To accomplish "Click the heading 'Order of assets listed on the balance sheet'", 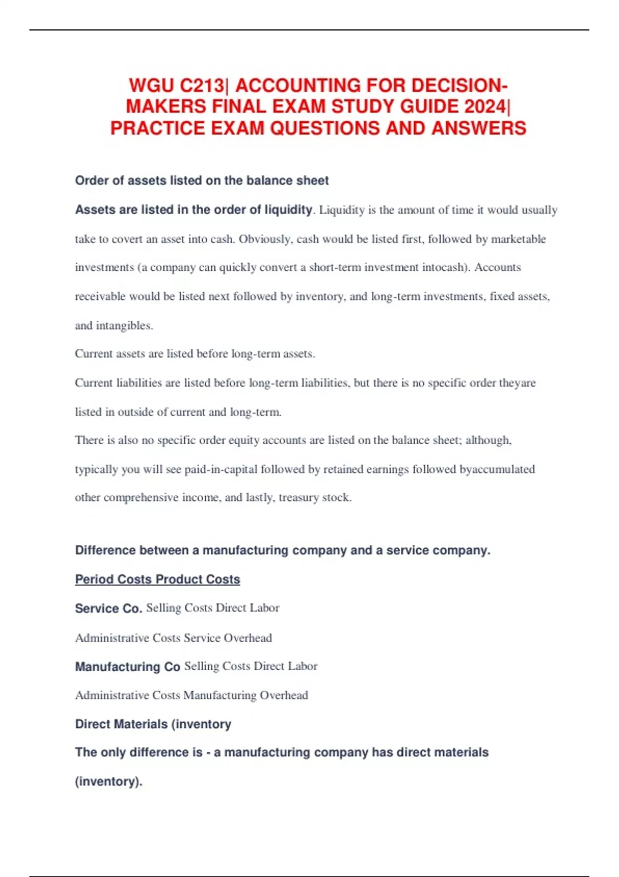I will (202, 181).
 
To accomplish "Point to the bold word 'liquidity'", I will (288, 210).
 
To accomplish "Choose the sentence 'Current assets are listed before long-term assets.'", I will (195, 354).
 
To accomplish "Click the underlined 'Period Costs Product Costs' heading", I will (157, 579).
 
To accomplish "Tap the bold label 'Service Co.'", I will (108, 609).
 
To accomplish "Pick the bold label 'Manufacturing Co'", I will (127, 667).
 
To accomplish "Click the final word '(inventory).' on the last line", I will (108, 782).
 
